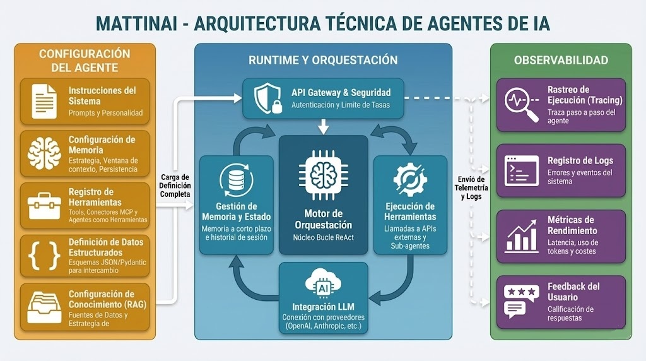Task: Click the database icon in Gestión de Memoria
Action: click(236, 179)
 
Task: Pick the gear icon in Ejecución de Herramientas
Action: click(410, 179)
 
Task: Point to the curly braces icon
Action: click(44, 255)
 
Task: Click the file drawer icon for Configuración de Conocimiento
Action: click(44, 307)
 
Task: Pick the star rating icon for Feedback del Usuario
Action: click(520, 301)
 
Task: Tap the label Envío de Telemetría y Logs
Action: click(471, 187)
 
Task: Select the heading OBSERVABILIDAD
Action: click(561, 61)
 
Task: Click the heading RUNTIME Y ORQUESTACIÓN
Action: click(323, 61)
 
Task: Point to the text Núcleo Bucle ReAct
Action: click(323, 238)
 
